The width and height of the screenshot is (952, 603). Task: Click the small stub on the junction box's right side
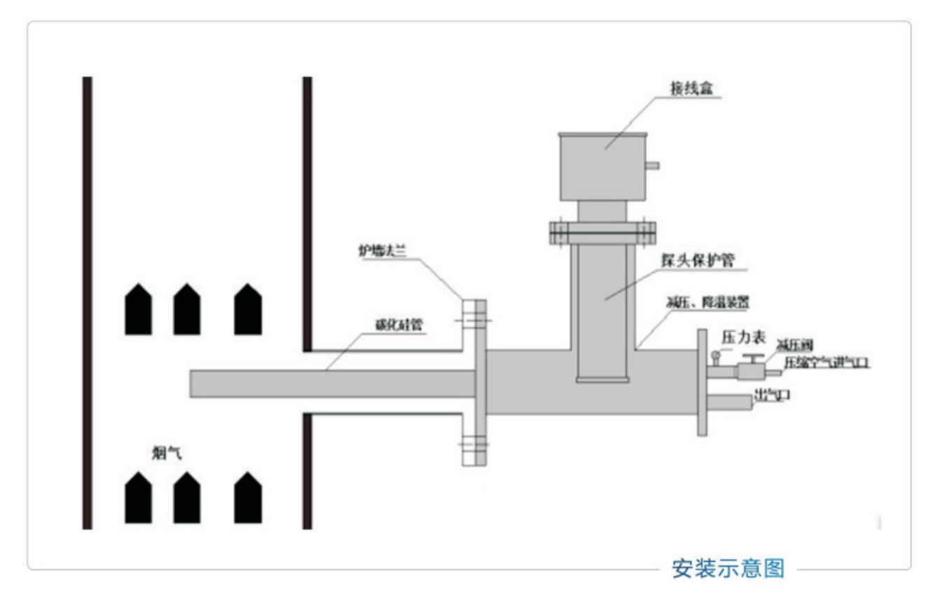652,165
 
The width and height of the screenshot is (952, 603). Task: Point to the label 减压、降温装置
708,304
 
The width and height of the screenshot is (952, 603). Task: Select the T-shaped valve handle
752,359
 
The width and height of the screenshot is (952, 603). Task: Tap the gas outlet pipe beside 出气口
730,402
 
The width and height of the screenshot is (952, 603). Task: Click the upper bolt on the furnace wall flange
474,321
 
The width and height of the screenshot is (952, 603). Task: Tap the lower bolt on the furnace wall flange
474,444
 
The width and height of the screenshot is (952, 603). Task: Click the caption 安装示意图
728,567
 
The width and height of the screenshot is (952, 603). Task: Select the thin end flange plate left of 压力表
702,382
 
